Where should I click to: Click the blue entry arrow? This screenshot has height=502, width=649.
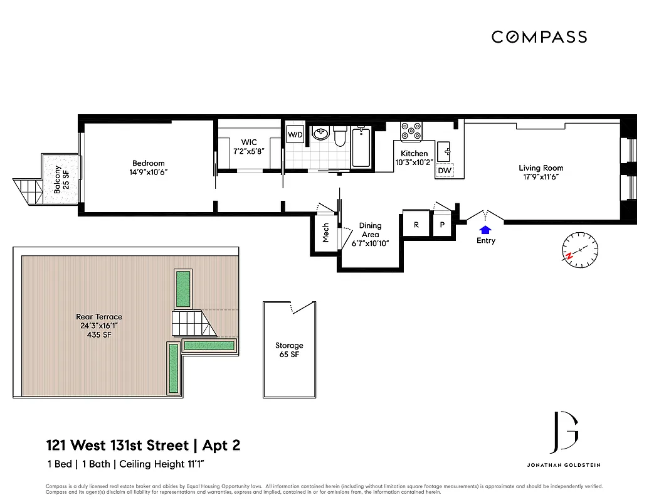pyautogui.click(x=485, y=230)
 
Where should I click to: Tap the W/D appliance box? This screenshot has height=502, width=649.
pyautogui.click(x=295, y=134)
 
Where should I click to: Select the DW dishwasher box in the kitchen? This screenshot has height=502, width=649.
pyautogui.click(x=445, y=171)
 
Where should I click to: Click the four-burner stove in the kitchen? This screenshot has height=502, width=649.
pyautogui.click(x=412, y=131)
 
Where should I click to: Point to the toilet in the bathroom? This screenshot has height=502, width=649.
pyautogui.click(x=340, y=136)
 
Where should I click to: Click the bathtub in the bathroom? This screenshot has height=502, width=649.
pyautogui.click(x=361, y=147)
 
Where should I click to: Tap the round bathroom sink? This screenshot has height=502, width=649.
pyautogui.click(x=320, y=134)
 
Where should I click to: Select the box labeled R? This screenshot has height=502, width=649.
pyautogui.click(x=414, y=224)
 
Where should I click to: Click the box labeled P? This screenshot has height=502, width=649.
pyautogui.click(x=442, y=225)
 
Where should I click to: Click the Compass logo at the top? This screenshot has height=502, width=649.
pyautogui.click(x=539, y=37)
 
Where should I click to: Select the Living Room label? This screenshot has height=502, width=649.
pyautogui.click(x=541, y=168)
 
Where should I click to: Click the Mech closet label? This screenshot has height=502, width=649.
pyautogui.click(x=325, y=232)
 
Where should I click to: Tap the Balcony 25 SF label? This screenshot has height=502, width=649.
pyautogui.click(x=60, y=180)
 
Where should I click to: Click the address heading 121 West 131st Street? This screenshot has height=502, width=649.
pyautogui.click(x=117, y=446)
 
